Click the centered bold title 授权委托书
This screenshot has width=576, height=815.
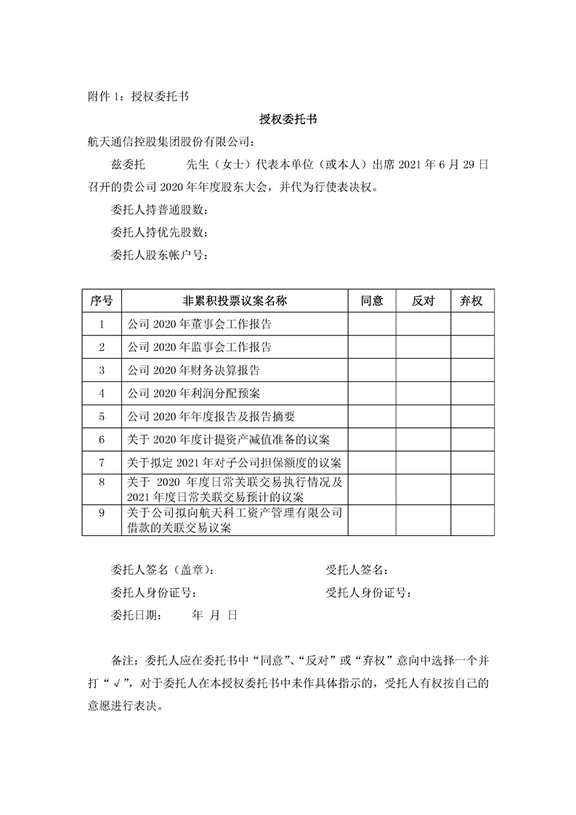[288, 118]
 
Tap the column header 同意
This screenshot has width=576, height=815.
[372, 301]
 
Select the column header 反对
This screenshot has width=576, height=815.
[423, 301]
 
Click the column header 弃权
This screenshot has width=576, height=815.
[472, 301]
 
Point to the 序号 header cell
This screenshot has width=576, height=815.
[101, 301]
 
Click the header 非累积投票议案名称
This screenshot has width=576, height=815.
[235, 301]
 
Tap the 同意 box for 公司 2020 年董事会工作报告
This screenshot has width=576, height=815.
[372, 324]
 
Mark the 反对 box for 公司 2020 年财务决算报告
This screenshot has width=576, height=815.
[423, 370]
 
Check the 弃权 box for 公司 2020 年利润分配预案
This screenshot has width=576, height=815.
[472, 393]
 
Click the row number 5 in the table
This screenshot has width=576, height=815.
[102, 416]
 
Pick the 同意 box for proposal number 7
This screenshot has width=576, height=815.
[372, 462]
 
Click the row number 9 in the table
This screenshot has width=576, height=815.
[102, 514]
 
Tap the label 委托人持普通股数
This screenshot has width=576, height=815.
[159, 211]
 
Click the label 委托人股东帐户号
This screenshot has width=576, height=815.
[159, 255]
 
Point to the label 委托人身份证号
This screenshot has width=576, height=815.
[153, 592]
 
